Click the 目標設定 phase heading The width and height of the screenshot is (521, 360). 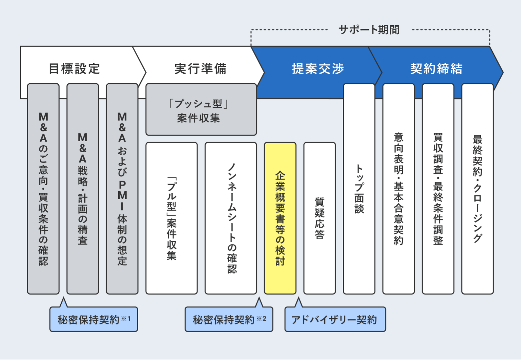pos(74,69)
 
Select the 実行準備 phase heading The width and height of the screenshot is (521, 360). pos(200,69)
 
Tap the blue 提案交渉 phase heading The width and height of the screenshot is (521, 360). pos(318,69)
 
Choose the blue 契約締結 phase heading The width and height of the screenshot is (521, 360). pos(436,69)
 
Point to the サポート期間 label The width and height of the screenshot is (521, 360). pos(369,30)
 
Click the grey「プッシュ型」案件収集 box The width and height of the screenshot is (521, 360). pos(201,110)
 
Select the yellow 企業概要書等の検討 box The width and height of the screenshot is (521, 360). pos(280,218)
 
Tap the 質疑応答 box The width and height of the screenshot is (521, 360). pos(319,218)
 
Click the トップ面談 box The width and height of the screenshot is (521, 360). pos(359,189)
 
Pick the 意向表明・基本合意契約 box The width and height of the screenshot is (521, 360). pos(398,189)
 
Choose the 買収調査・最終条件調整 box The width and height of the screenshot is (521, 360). pos(438,189)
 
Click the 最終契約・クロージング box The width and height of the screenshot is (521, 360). pos(477,189)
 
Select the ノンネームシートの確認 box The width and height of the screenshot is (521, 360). pos(231,218)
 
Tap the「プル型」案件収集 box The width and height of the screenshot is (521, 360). pos(171,218)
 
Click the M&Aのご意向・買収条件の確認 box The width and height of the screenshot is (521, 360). pos(43,189)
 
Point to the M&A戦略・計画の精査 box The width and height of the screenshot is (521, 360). pos(83,189)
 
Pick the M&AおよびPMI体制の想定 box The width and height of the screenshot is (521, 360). pos(122,189)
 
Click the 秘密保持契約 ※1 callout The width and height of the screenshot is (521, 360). pos(94,320)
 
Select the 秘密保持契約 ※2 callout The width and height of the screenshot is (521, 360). pos(229,320)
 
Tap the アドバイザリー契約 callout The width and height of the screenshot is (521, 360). pos(335,320)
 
